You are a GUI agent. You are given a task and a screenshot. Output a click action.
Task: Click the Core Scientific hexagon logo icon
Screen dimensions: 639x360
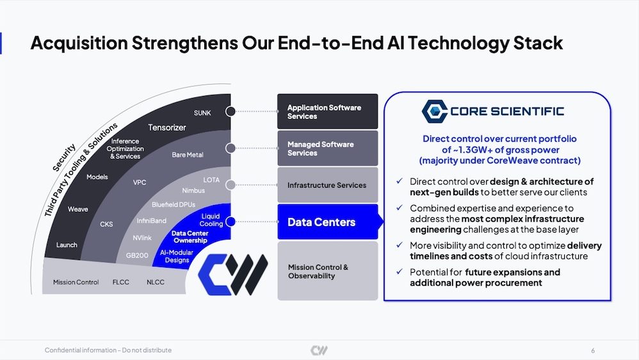(434, 111)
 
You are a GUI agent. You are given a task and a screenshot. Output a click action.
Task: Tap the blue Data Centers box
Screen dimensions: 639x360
(328, 222)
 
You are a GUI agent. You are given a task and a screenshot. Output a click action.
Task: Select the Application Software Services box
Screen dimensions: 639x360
(328, 111)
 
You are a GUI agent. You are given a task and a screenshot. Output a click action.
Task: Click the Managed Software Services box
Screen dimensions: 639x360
(328, 149)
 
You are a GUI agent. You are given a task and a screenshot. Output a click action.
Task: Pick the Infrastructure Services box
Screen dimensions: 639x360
(328, 185)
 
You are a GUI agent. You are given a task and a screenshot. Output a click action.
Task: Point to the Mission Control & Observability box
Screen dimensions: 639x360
(328, 271)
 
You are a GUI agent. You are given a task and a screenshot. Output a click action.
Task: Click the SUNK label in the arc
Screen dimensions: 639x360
(202, 113)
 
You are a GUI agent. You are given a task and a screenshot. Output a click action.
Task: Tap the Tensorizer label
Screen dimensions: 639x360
(167, 127)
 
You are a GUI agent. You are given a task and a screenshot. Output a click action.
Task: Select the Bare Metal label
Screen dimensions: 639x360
(188, 155)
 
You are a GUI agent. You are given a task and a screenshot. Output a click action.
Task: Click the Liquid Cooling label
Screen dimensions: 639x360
(211, 220)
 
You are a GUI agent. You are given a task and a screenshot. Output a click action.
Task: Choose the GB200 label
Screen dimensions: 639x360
(137, 256)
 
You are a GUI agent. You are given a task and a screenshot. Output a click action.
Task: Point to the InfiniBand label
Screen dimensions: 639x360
(152, 220)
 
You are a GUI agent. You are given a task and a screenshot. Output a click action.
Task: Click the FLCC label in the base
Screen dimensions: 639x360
(120, 282)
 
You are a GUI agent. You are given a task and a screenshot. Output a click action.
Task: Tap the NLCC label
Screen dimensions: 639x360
(155, 282)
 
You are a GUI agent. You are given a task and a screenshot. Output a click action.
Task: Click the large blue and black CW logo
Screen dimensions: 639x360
(232, 274)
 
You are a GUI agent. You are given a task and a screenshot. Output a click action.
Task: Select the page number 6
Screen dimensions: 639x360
(593, 350)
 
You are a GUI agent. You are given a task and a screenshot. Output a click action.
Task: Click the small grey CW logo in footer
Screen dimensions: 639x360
(319, 350)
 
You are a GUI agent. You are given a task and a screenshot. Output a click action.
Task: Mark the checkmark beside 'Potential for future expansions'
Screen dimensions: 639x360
(400, 272)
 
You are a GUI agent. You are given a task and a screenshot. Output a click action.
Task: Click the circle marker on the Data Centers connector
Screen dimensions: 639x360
(231, 222)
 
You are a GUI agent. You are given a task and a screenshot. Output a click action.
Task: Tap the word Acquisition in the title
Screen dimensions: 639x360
(79, 43)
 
